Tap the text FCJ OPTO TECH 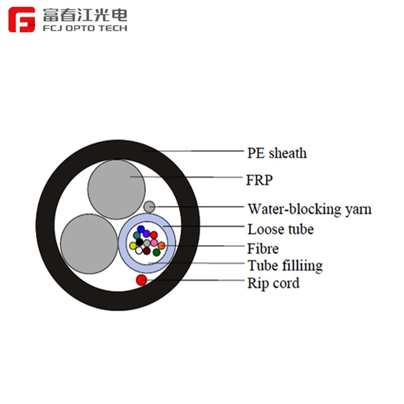pyautogui.click(x=85, y=29)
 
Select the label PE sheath pyautogui.click(x=276, y=153)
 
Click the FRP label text pyautogui.click(x=259, y=180)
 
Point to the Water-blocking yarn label pyautogui.click(x=309, y=209)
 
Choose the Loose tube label pyautogui.click(x=280, y=229)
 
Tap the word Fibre pyautogui.click(x=263, y=248)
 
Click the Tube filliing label pyautogui.click(x=285, y=266)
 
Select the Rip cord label pyautogui.click(x=273, y=283)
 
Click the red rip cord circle pyautogui.click(x=141, y=279)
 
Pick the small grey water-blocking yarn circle pyautogui.click(x=149, y=207)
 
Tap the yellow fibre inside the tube pyautogui.click(x=133, y=245)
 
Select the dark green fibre pyautogui.click(x=157, y=252)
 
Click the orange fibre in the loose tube pyautogui.click(x=161, y=245)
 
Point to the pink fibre pyautogui.click(x=154, y=243)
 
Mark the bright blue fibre pyautogui.click(x=141, y=229)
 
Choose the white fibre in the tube pyautogui.click(x=139, y=250)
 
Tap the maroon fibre pyautogui.click(x=146, y=251)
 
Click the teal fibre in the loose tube pyautogui.click(x=137, y=235)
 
